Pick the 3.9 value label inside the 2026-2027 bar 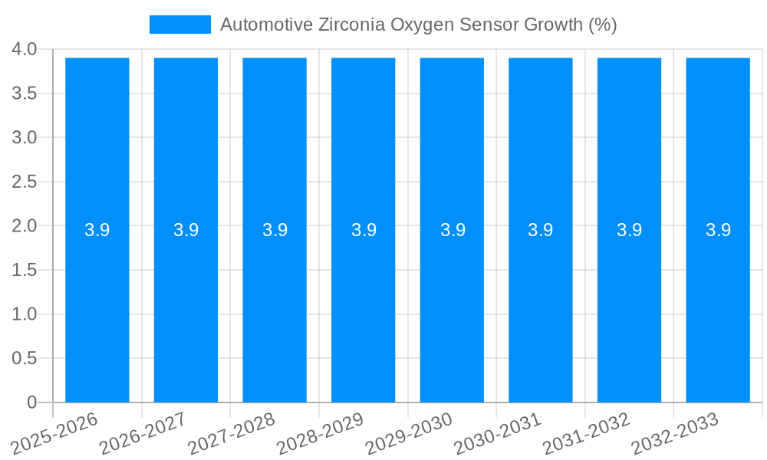pos(186,230)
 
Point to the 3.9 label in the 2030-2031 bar pos(541,230)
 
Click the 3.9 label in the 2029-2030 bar pos(453,230)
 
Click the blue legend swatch pos(179,25)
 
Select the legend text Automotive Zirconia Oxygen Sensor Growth pos(418,25)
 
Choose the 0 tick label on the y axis pos(31,402)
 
